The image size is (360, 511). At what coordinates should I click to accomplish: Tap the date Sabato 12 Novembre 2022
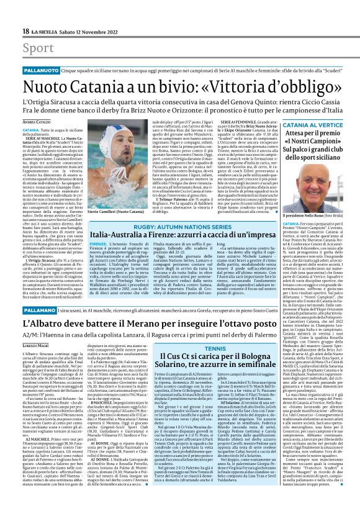tap(94, 31)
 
